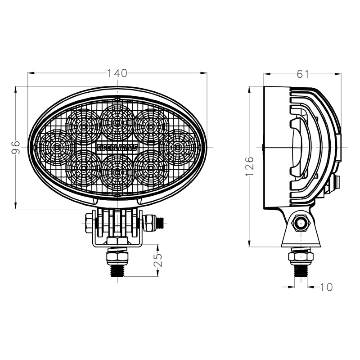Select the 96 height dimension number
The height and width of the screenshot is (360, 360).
point(16,147)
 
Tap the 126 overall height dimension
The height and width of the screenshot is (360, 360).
point(251,166)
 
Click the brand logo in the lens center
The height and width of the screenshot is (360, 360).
point(117,147)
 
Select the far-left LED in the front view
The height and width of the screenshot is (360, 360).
point(55,147)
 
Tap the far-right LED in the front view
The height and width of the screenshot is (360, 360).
point(178,147)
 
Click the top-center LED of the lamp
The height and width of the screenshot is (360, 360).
point(117,122)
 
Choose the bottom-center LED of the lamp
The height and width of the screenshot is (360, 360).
point(117,172)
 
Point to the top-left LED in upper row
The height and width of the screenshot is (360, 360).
point(83,126)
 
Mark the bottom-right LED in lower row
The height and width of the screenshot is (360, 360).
point(151,168)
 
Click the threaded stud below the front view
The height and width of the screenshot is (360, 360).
point(117,270)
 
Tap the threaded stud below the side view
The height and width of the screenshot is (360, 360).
point(301,270)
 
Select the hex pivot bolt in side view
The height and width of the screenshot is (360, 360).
point(301,222)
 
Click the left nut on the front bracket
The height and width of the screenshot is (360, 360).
point(89,223)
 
